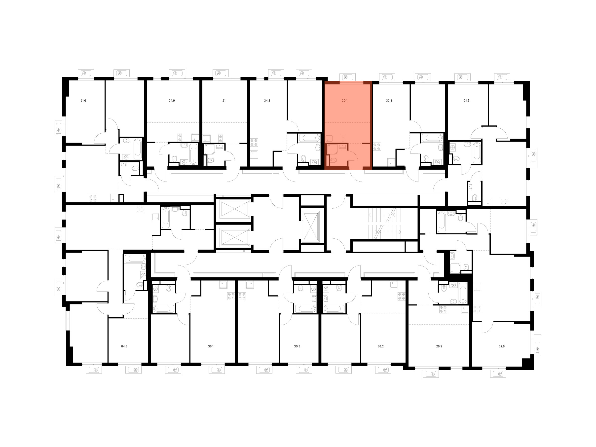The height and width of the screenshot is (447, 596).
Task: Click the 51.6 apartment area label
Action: (x=83, y=101)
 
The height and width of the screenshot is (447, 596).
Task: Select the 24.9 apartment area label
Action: (x=172, y=101)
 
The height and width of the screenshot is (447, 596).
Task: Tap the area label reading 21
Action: (x=224, y=101)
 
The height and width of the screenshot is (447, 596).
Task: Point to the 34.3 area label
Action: (x=267, y=101)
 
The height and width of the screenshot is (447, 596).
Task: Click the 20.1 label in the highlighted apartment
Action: (x=344, y=101)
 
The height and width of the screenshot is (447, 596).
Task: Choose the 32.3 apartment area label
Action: (x=389, y=101)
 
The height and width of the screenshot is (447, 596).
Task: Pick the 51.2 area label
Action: (x=466, y=101)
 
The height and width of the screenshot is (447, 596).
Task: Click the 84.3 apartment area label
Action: (x=124, y=346)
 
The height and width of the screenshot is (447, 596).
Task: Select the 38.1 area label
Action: (x=211, y=346)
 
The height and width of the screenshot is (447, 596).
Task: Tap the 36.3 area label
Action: (x=297, y=346)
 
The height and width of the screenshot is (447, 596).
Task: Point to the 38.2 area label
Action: (x=380, y=346)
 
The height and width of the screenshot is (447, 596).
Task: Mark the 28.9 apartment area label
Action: (x=439, y=346)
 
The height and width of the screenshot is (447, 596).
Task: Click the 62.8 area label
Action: (x=501, y=346)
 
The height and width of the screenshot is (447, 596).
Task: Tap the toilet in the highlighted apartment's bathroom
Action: (x=333, y=160)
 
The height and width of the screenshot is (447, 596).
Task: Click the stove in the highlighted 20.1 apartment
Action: (x=343, y=139)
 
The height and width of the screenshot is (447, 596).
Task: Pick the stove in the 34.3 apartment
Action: (x=254, y=142)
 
